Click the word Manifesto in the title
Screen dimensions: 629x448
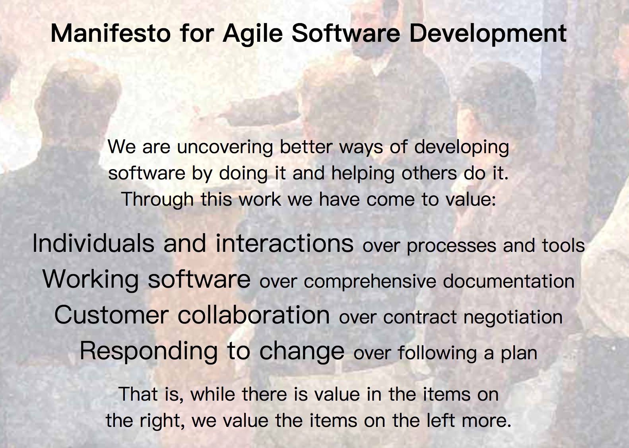(x=111, y=33)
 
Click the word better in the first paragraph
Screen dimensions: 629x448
(x=307, y=147)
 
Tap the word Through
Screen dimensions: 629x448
(x=158, y=200)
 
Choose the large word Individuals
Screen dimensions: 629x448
(x=93, y=243)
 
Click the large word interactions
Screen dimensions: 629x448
(x=284, y=243)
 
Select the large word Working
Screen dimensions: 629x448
(x=90, y=280)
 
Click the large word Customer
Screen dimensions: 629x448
(x=111, y=316)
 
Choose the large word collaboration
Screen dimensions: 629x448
(x=254, y=316)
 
